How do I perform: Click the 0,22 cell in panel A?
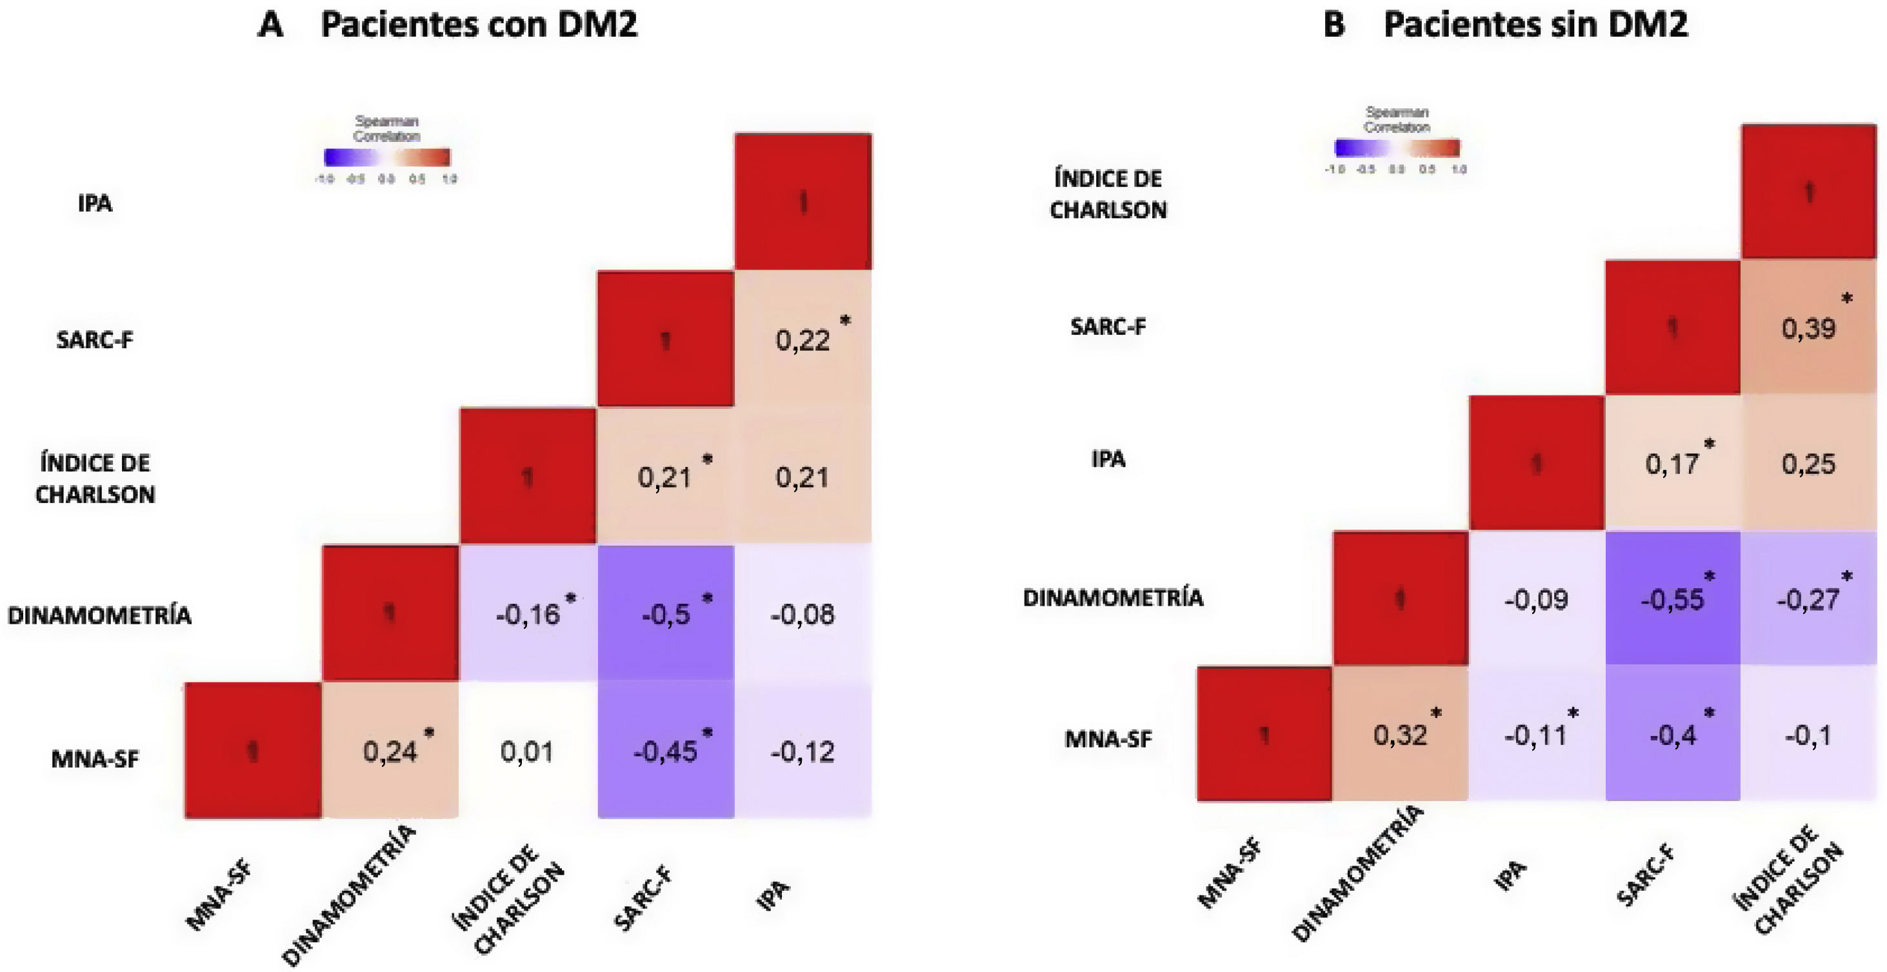coord(803,340)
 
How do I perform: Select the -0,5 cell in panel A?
coord(665,614)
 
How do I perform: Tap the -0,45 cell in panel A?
coord(665,751)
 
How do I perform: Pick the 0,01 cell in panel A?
coord(528,751)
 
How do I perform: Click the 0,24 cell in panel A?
coord(390,751)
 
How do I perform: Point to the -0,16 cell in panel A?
coord(528,614)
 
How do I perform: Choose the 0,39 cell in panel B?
coord(1809,328)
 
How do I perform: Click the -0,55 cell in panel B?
coord(1672,599)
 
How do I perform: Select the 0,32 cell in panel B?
coord(1400,735)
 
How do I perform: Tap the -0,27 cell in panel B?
coord(1809,599)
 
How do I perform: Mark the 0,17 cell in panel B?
coord(1672,464)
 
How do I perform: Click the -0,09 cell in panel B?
coord(1536,599)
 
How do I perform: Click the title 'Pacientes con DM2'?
coord(478,25)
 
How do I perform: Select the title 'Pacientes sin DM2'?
coord(1535,25)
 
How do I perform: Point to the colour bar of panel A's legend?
coord(387,157)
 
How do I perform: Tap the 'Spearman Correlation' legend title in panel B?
coord(1396,119)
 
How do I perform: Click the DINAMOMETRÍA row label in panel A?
coord(99,615)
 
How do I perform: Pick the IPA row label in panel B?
coord(1108,459)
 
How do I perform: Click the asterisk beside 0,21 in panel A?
coord(707,459)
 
